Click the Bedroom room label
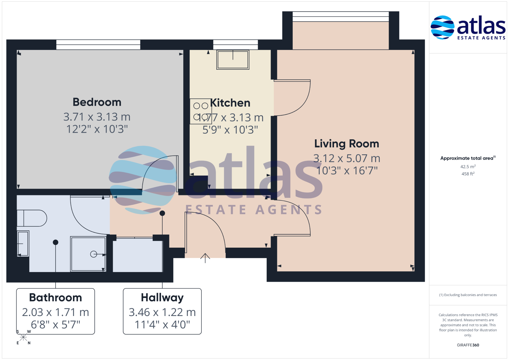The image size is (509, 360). coord(97,102)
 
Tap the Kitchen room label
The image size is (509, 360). coord(230,103)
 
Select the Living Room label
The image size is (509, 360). coord(347,144)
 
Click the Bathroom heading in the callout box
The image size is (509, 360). coord(55,297)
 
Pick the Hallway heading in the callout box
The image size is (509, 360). coord(162,298)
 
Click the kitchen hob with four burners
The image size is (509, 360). coord(201,111)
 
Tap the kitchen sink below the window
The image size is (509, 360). coord(233,60)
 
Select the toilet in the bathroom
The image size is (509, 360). coord(32,218)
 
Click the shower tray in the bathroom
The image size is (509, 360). coord(88,254)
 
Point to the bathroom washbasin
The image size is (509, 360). coord(23,244)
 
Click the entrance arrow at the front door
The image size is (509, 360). coord(205,258)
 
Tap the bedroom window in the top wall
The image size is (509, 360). coord(98,45)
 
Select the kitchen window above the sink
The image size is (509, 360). coord(235,45)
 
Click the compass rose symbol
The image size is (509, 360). coord(23,337)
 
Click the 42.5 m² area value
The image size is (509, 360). coord(468,166)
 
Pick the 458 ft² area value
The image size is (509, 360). coord(468,174)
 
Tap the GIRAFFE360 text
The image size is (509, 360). coord(468,345)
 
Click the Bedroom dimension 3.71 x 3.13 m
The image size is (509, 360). coord(97,117)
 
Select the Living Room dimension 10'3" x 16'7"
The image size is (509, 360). coord(347,171)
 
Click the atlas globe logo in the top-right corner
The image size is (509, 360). coord(442,27)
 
